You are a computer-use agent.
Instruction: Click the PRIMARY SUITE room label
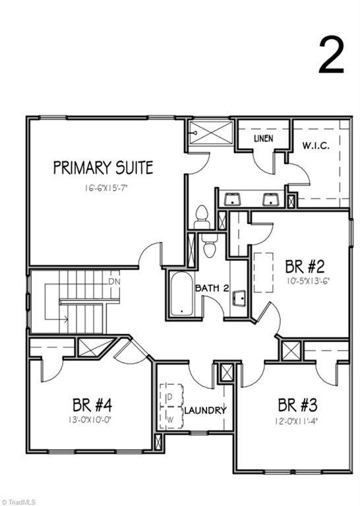tap(103, 168)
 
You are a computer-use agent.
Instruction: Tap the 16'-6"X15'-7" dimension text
tap(107, 188)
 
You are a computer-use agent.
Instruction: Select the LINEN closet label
tap(264, 138)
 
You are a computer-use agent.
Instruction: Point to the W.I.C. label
tap(316, 146)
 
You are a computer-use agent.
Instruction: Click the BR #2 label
tap(305, 267)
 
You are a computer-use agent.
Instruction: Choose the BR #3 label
tap(297, 405)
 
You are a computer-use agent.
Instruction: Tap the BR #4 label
tap(92, 405)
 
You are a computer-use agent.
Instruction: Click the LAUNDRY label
tap(205, 410)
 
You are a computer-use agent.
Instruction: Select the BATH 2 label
tap(212, 288)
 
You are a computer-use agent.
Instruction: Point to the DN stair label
tap(114, 281)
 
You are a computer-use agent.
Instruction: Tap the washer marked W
tap(171, 418)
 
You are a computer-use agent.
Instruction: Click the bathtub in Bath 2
tap(181, 294)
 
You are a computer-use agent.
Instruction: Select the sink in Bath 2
tap(239, 298)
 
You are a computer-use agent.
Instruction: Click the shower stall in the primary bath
tap(210, 133)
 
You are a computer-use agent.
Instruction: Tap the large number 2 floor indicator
tap(331, 55)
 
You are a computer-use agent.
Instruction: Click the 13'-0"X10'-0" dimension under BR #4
tap(92, 420)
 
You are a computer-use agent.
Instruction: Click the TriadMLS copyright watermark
tap(18, 502)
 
